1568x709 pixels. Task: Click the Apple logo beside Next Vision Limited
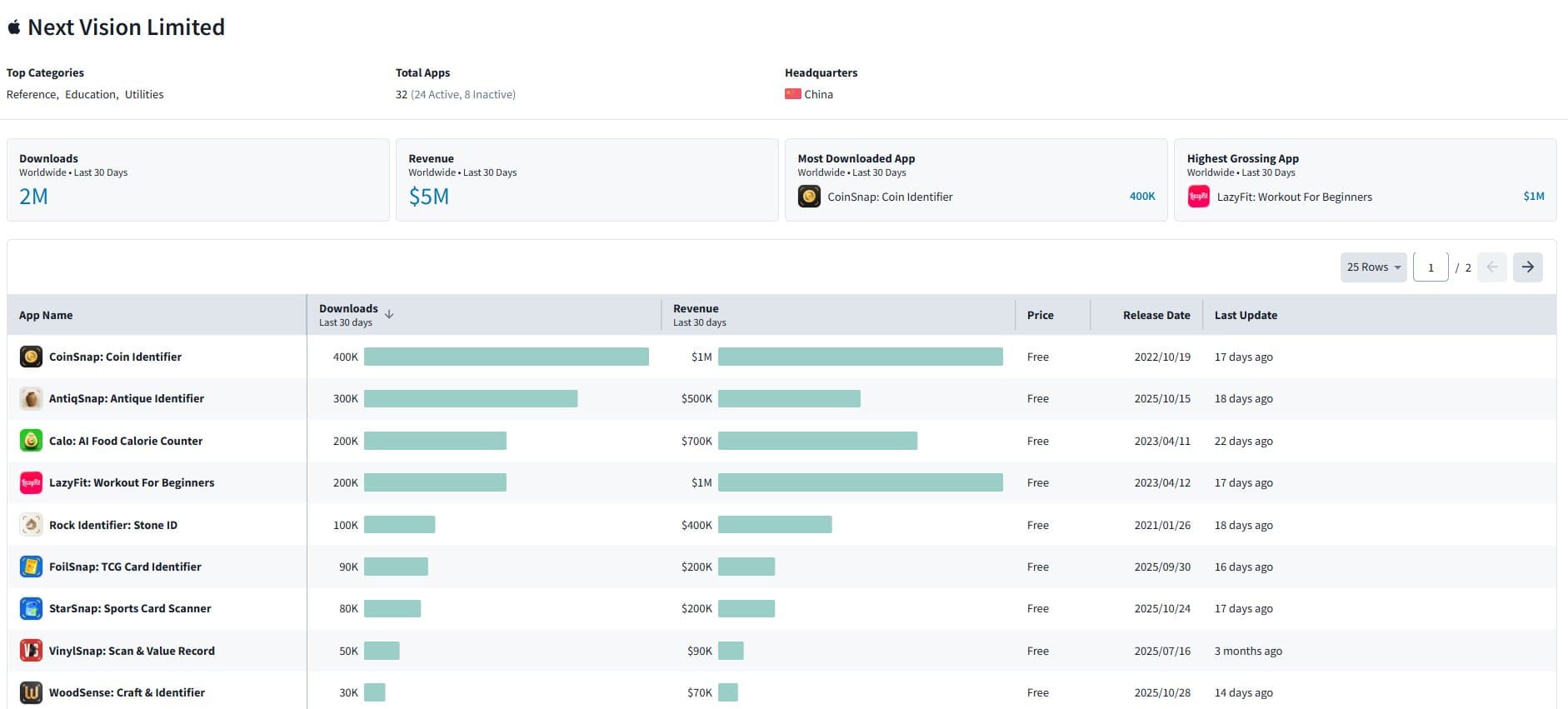pyautogui.click(x=13, y=27)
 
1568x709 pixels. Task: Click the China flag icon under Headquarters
pyautogui.click(x=792, y=94)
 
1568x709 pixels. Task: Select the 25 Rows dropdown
pyautogui.click(x=1372, y=267)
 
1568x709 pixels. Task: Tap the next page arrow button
pyautogui.click(x=1527, y=267)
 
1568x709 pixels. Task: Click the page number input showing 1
pyautogui.click(x=1431, y=267)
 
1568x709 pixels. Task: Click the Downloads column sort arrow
pyautogui.click(x=389, y=314)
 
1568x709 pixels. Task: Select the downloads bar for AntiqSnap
pyautogui.click(x=470, y=399)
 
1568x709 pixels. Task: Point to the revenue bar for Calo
pyautogui.click(x=816, y=441)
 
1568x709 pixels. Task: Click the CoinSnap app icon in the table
pyautogui.click(x=31, y=357)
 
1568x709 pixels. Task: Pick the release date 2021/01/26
pyautogui.click(x=1161, y=525)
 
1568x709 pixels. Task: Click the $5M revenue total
pyautogui.click(x=428, y=197)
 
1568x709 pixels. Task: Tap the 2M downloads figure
pyautogui.click(x=33, y=197)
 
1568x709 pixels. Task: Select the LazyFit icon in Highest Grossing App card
pyautogui.click(x=1198, y=197)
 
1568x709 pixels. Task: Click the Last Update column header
pyautogui.click(x=1245, y=315)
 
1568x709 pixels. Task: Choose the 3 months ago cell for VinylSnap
pyautogui.click(x=1247, y=651)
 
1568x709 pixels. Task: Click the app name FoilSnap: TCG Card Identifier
pyautogui.click(x=125, y=567)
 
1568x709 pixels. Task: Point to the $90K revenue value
pyautogui.click(x=699, y=651)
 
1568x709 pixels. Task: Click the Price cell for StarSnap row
pyautogui.click(x=1037, y=608)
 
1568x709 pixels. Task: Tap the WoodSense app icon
pyautogui.click(x=31, y=692)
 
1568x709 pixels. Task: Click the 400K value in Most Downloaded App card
pyautogui.click(x=1141, y=197)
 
